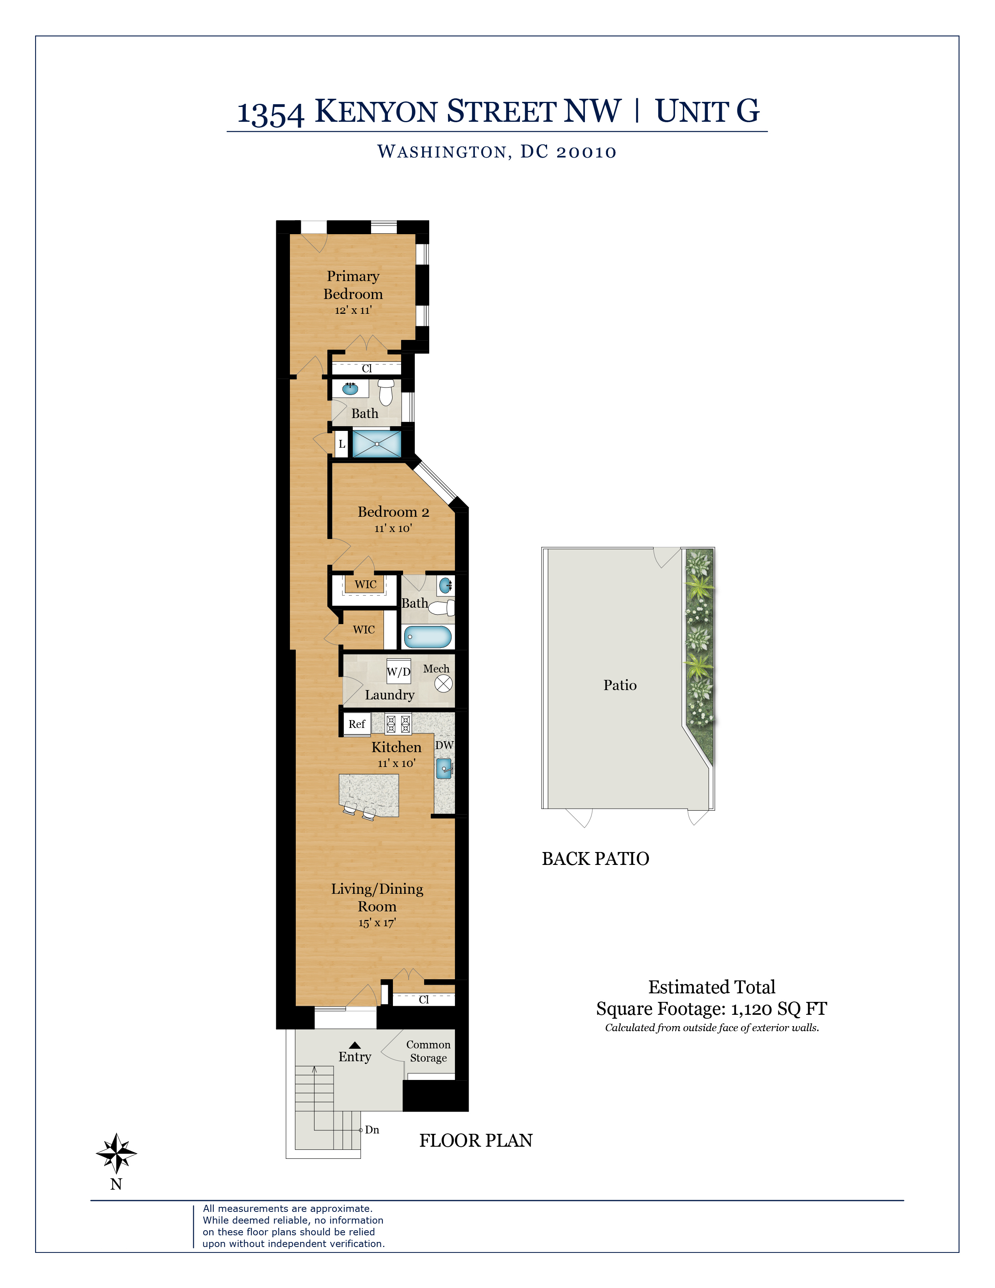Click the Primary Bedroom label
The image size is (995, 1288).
[353, 285]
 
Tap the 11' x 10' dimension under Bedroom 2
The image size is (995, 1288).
[393, 528]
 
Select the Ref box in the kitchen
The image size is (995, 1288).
[357, 724]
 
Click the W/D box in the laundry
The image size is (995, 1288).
[398, 672]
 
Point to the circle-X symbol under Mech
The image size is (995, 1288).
[443, 683]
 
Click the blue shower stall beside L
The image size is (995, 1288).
[377, 443]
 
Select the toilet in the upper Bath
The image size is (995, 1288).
[386, 392]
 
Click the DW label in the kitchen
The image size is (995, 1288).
[444, 745]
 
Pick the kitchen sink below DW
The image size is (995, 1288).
[444, 769]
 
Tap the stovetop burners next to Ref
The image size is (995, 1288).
[398, 724]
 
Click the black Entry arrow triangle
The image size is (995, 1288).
[355, 1045]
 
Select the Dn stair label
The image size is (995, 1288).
[372, 1130]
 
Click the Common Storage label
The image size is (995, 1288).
[428, 1051]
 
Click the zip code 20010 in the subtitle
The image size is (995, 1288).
[586, 152]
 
